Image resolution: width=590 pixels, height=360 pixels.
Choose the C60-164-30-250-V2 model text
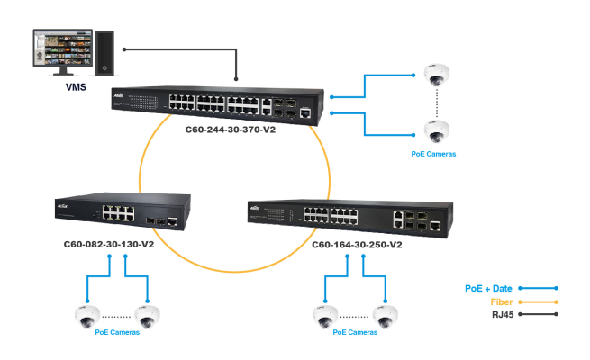click(358, 244)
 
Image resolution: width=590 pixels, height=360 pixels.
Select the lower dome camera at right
click(437, 131)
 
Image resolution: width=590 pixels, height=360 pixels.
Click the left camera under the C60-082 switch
click(86, 315)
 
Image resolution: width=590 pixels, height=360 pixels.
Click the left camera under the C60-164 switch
click(324, 315)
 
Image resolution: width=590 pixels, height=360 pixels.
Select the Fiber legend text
click(501, 301)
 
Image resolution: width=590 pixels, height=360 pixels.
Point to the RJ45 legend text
click(502, 314)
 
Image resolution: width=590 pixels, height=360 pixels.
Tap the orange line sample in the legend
click(538, 301)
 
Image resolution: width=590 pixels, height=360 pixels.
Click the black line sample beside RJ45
click(538, 314)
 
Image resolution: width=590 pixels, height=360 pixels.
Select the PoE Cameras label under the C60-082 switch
click(117, 332)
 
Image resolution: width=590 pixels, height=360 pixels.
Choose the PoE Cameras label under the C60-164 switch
click(355, 332)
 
